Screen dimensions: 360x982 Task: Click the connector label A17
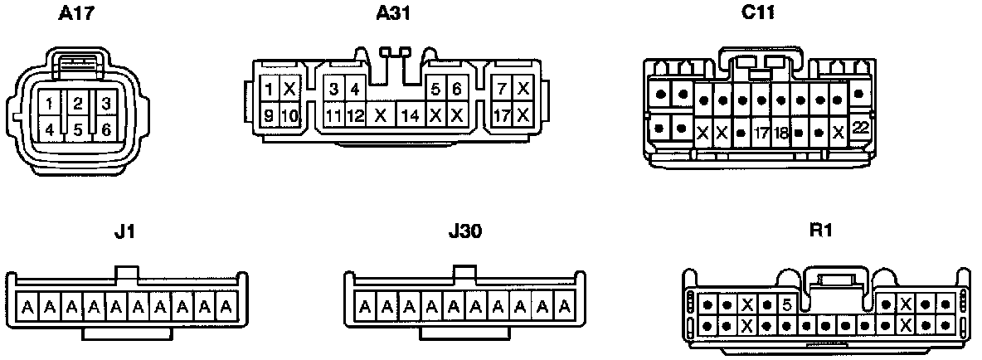click(x=76, y=13)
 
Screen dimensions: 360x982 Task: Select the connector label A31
click(x=394, y=13)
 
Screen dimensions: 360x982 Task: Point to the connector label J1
click(x=122, y=231)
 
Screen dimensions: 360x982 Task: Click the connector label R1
click(x=820, y=231)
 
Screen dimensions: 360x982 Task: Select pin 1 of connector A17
click(x=51, y=104)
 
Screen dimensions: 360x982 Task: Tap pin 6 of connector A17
click(x=105, y=129)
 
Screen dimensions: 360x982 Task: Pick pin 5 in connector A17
click(x=78, y=129)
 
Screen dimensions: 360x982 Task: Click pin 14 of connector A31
click(x=410, y=115)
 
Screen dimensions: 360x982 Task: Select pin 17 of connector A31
click(x=502, y=115)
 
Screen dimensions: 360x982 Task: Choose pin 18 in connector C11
click(x=780, y=132)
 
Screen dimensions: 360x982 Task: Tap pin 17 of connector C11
click(x=761, y=132)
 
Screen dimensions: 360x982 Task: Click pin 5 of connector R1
click(x=786, y=304)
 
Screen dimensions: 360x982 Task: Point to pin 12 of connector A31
click(x=355, y=115)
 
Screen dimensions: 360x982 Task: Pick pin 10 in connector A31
click(x=289, y=115)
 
